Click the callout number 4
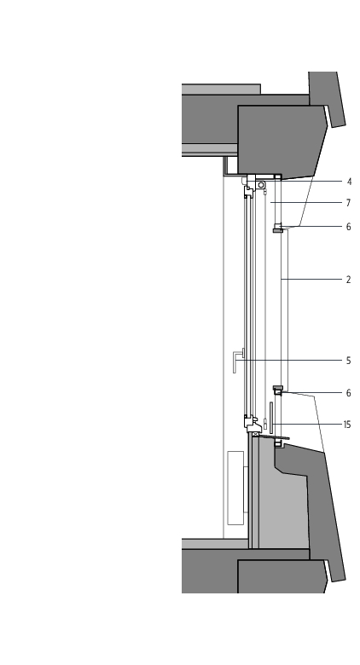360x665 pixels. pyautogui.click(x=349, y=182)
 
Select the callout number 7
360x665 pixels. pyautogui.click(x=349, y=203)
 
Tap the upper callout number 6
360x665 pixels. pyautogui.click(x=349, y=227)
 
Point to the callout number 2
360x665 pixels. pyautogui.click(x=349, y=280)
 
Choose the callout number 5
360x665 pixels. pyautogui.click(x=349, y=361)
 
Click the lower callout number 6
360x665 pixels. pyautogui.click(x=349, y=393)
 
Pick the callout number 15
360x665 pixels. pyautogui.click(x=347, y=425)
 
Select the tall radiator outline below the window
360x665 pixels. pyautogui.click(x=235, y=489)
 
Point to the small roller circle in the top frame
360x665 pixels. pyautogui.click(x=261, y=185)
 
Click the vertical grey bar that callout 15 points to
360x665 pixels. pyautogui.click(x=271, y=418)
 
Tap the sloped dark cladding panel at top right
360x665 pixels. pyautogui.click(x=327, y=99)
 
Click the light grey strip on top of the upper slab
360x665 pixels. pyautogui.click(x=221, y=89)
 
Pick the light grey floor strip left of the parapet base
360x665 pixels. pyautogui.click(x=215, y=544)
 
